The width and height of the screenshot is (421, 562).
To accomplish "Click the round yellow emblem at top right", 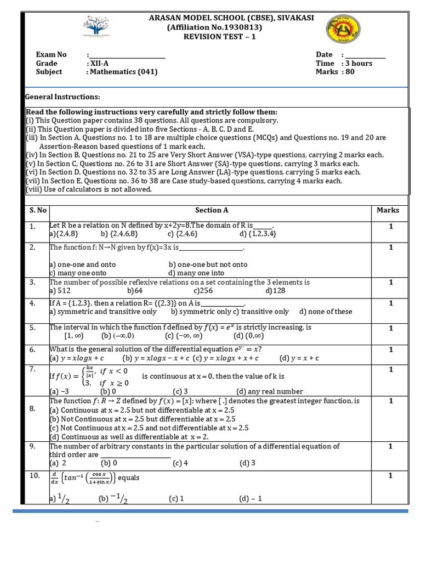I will pos(344,32).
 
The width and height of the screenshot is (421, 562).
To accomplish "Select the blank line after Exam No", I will pos(127,55).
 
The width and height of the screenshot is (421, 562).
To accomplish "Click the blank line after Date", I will pos(365,55).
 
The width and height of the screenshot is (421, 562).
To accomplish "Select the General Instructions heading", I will pos(63,97).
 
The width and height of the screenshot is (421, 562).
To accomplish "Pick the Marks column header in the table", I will pos(388,210).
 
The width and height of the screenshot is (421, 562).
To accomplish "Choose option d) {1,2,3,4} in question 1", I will pos(258,234).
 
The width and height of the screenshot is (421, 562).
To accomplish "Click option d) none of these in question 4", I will pos(326,312).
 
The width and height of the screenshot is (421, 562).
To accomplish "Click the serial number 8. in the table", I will pos(32,409).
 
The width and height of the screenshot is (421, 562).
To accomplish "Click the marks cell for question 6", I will pos(391,350).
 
